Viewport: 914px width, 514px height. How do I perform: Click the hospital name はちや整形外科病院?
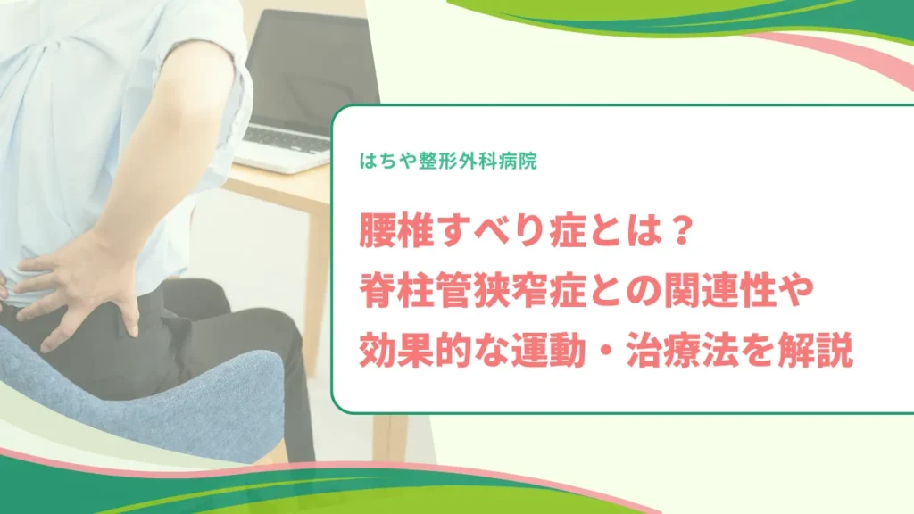(x=448, y=161)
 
